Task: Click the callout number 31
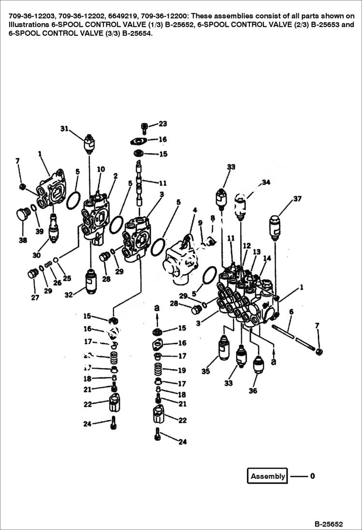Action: [x=65, y=129]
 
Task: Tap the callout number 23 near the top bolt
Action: [x=162, y=124]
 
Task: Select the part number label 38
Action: [x=23, y=240]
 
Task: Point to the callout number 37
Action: [x=297, y=199]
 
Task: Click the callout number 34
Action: [x=266, y=182]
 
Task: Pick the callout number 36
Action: [x=253, y=391]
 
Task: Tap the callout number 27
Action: [x=35, y=298]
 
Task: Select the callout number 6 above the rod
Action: [x=290, y=313]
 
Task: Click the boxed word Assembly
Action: [x=267, y=476]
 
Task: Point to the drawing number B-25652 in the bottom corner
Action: [x=328, y=524]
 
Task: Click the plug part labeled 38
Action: [x=21, y=215]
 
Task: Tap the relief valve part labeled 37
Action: [x=275, y=227]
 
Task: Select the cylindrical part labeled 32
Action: [x=91, y=281]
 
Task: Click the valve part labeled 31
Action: [x=89, y=143]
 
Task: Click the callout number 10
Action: [x=101, y=169]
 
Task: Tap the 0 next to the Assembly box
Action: [x=312, y=476]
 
